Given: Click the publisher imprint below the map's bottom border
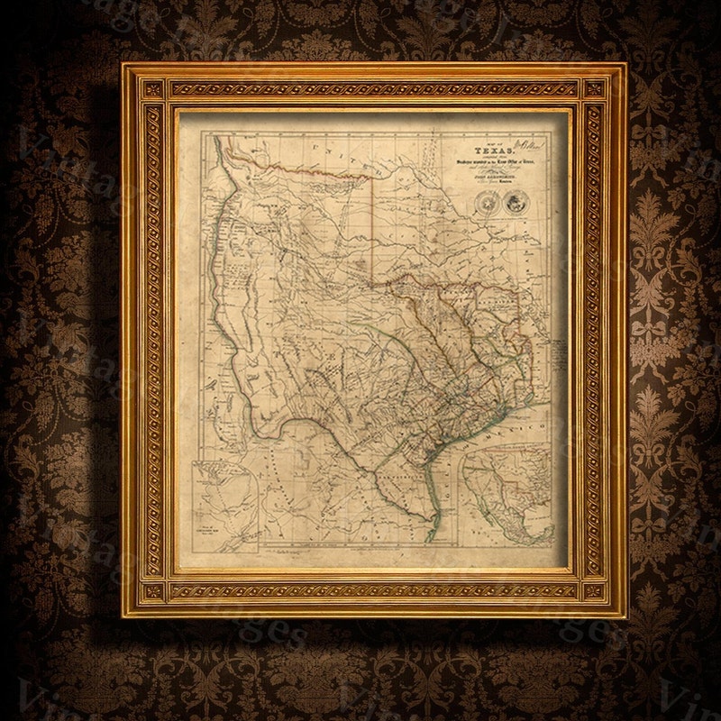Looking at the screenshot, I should [x=288, y=552].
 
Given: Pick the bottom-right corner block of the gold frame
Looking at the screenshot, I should [x=595, y=591].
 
